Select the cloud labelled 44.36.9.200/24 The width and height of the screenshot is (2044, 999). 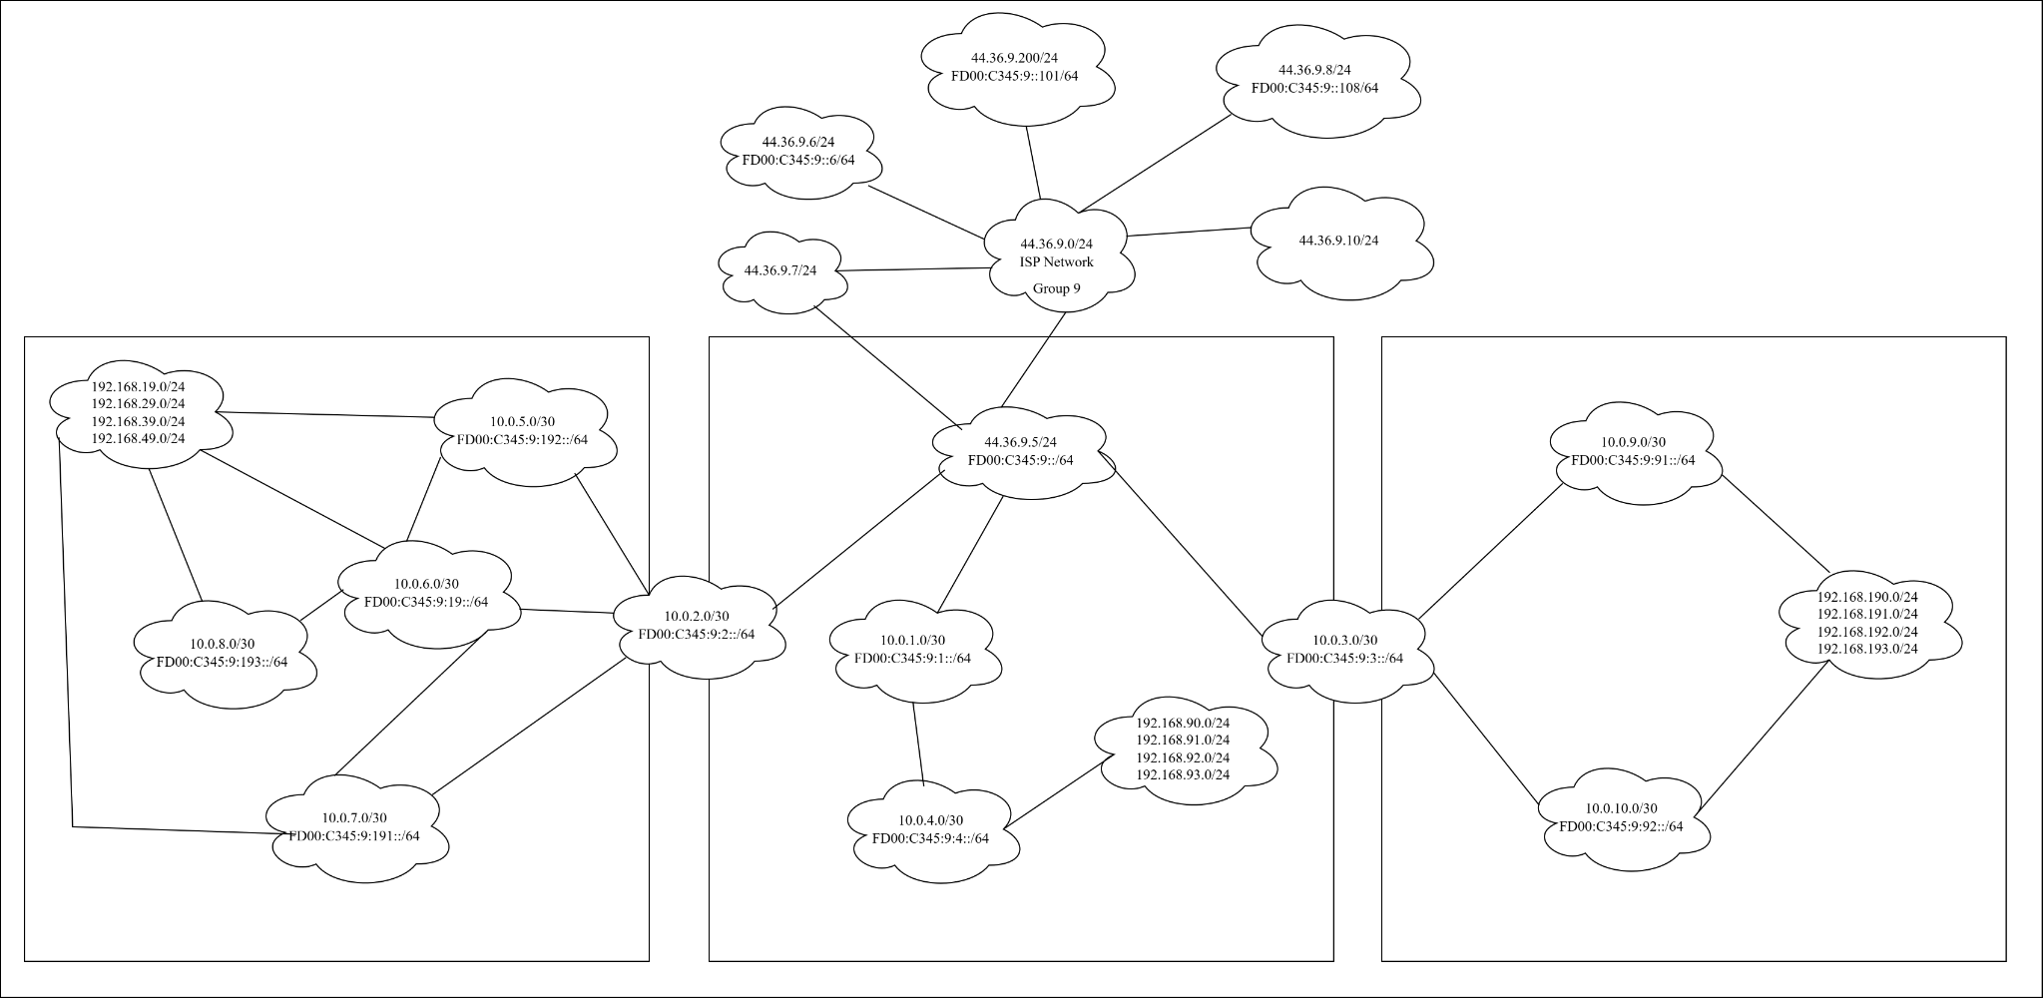pyautogui.click(x=1014, y=68)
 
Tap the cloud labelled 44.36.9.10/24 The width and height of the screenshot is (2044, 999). pyautogui.click(x=1338, y=242)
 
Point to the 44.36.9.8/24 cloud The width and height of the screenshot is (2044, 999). pyautogui.click(x=1314, y=80)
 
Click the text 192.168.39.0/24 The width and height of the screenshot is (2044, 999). pyautogui.click(x=138, y=421)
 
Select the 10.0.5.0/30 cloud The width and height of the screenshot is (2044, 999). pyautogui.click(x=522, y=431)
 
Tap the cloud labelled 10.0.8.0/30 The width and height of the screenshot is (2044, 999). pyautogui.click(x=222, y=652)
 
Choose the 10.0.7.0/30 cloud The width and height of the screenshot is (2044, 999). pyautogui.click(x=354, y=826)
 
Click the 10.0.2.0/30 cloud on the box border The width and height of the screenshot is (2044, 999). pyautogui.click(x=696, y=626)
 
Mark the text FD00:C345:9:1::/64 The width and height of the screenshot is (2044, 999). pyautogui.click(x=912, y=659)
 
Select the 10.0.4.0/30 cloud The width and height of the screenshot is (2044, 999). pyautogui.click(x=930, y=829)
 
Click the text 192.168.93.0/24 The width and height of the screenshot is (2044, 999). pyautogui.click(x=1183, y=775)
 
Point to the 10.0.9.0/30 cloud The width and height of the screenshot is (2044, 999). pyautogui.click(x=1633, y=451)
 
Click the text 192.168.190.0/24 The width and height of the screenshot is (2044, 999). pyautogui.click(x=1867, y=596)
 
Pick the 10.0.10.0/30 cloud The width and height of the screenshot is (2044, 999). pyautogui.click(x=1621, y=817)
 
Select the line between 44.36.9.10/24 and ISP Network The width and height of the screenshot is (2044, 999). pyautogui.click(x=1188, y=232)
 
